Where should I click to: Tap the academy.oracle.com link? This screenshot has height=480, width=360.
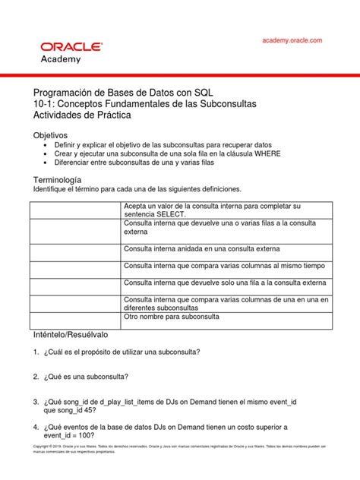(x=292, y=40)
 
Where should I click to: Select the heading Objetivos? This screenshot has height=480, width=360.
(x=49, y=134)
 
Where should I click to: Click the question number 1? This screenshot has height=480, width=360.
(x=36, y=352)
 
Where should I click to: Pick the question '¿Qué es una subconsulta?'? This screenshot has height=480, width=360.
(x=87, y=377)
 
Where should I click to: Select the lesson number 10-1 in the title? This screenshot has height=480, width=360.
(x=41, y=103)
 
